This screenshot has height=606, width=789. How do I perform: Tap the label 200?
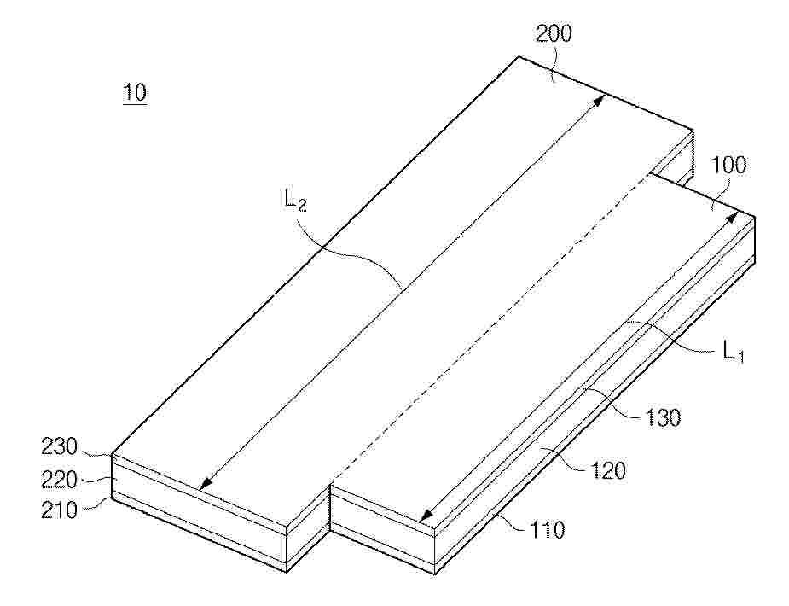554,34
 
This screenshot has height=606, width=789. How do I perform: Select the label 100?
728,165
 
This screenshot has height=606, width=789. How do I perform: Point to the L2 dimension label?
295,200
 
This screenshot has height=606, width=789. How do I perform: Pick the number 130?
663,417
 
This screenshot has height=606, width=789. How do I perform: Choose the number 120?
608,470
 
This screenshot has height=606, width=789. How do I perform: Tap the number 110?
547,529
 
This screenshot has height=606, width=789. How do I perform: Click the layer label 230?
59,446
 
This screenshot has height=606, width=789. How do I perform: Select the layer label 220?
59,479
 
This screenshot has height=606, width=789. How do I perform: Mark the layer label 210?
59,510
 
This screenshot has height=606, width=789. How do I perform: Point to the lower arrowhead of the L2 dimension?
205,484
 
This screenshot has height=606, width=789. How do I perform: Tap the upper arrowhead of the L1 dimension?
734,217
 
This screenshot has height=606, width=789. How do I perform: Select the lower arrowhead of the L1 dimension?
426,515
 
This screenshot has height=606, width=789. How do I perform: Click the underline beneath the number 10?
135,104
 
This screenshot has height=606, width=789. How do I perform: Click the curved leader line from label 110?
510,522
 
